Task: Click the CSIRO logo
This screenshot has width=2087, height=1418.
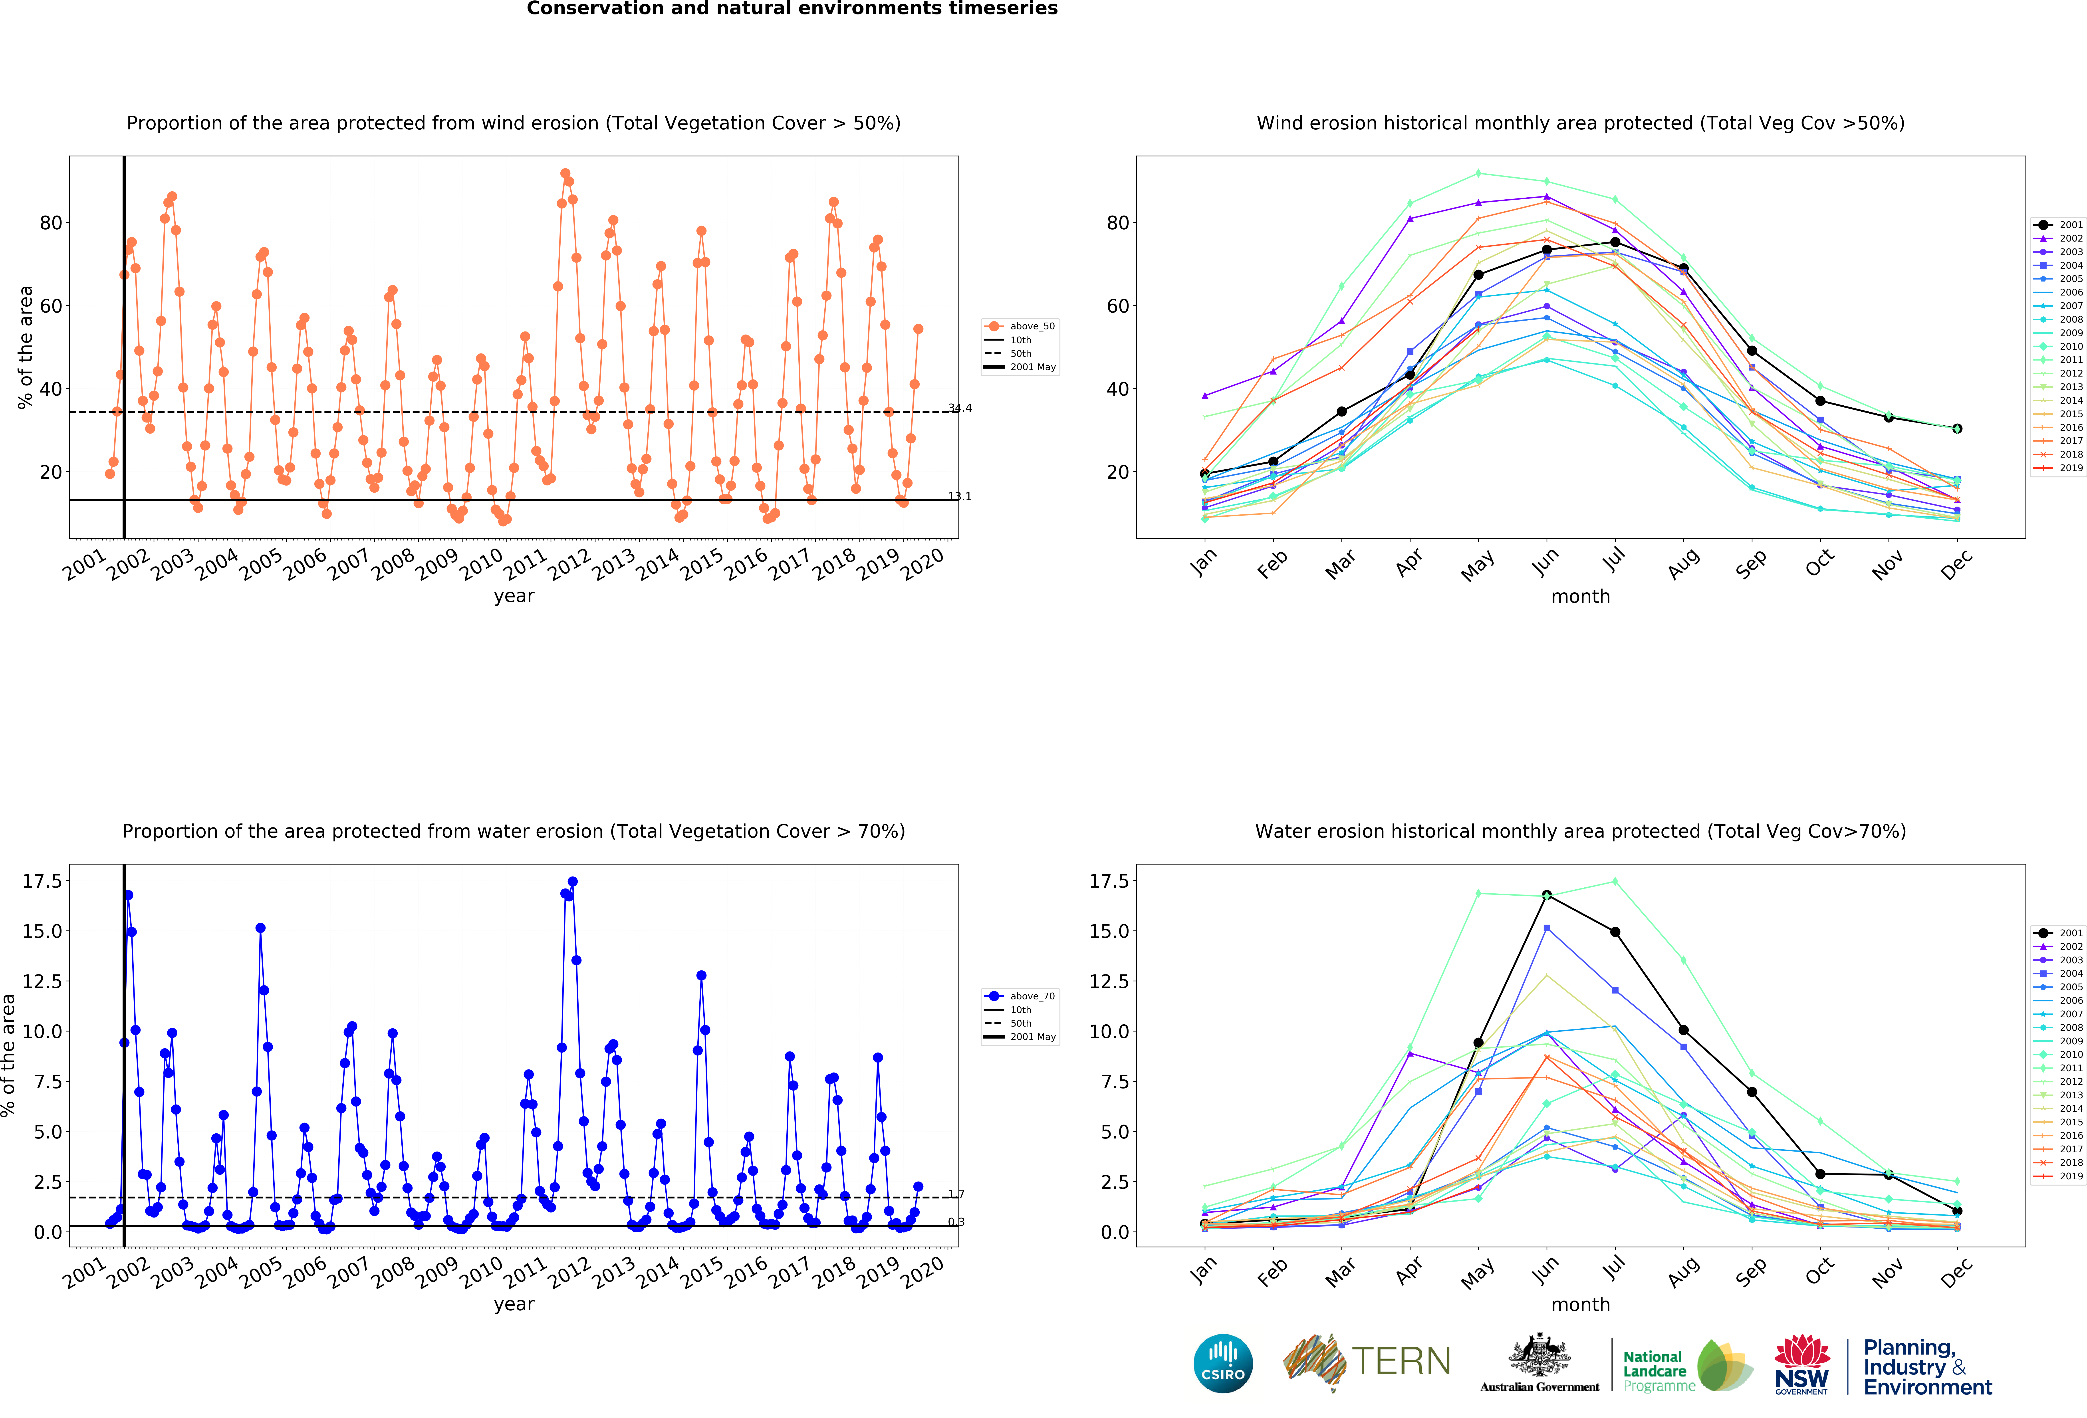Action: (1223, 1363)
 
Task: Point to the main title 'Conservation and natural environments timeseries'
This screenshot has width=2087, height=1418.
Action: (792, 9)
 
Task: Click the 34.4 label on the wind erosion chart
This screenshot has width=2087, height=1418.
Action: (960, 408)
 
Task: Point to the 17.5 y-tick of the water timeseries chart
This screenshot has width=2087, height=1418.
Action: (42, 881)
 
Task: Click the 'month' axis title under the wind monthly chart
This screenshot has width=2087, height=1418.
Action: (1581, 596)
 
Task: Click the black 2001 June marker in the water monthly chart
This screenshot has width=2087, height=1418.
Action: (1546, 895)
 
